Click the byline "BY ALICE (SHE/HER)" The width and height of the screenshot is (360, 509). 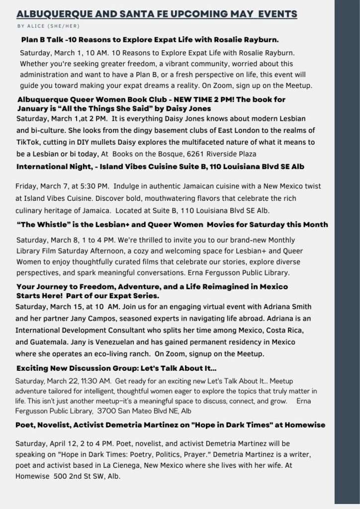click(48, 26)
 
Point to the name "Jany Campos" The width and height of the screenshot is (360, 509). click(84, 318)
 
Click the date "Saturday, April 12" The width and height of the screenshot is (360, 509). click(45, 443)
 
